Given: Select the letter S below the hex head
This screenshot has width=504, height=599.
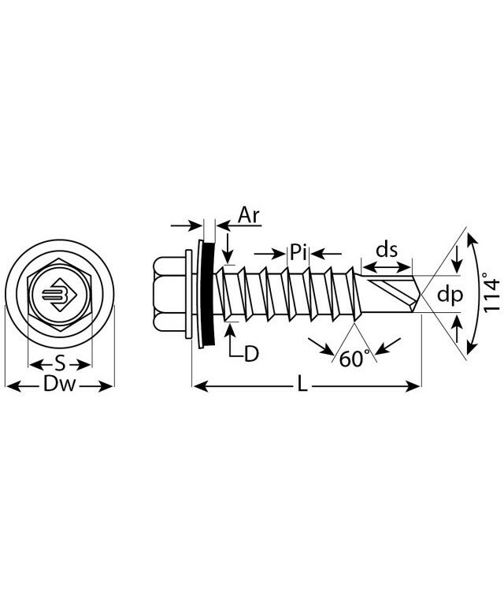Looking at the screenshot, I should pos(60,364).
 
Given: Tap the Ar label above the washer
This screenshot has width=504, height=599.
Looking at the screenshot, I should pos(250,216).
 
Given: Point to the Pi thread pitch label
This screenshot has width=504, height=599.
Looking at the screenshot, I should pos(298,253).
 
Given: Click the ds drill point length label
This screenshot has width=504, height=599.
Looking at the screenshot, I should pos(386,250).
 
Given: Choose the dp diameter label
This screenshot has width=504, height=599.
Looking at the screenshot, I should pos(449,295).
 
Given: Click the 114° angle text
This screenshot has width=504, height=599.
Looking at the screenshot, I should pos(491,293).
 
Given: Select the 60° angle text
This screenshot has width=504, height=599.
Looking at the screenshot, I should pos(354,359).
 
